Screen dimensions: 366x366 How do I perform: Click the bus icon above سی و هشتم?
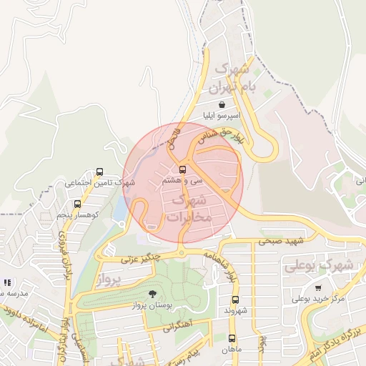[x=183, y=169]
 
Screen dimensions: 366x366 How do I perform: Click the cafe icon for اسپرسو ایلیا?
[x=223, y=104]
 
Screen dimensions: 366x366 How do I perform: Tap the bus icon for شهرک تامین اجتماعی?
[x=99, y=172]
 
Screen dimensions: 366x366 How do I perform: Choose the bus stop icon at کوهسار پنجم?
[x=77, y=204]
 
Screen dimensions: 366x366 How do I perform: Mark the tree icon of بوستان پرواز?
[x=152, y=294]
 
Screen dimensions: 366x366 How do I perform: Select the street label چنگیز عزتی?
[x=139, y=258]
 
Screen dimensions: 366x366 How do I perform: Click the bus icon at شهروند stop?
[x=235, y=300]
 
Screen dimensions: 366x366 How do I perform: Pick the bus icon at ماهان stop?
[x=231, y=337]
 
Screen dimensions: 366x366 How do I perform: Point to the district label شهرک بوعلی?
[x=319, y=264]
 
